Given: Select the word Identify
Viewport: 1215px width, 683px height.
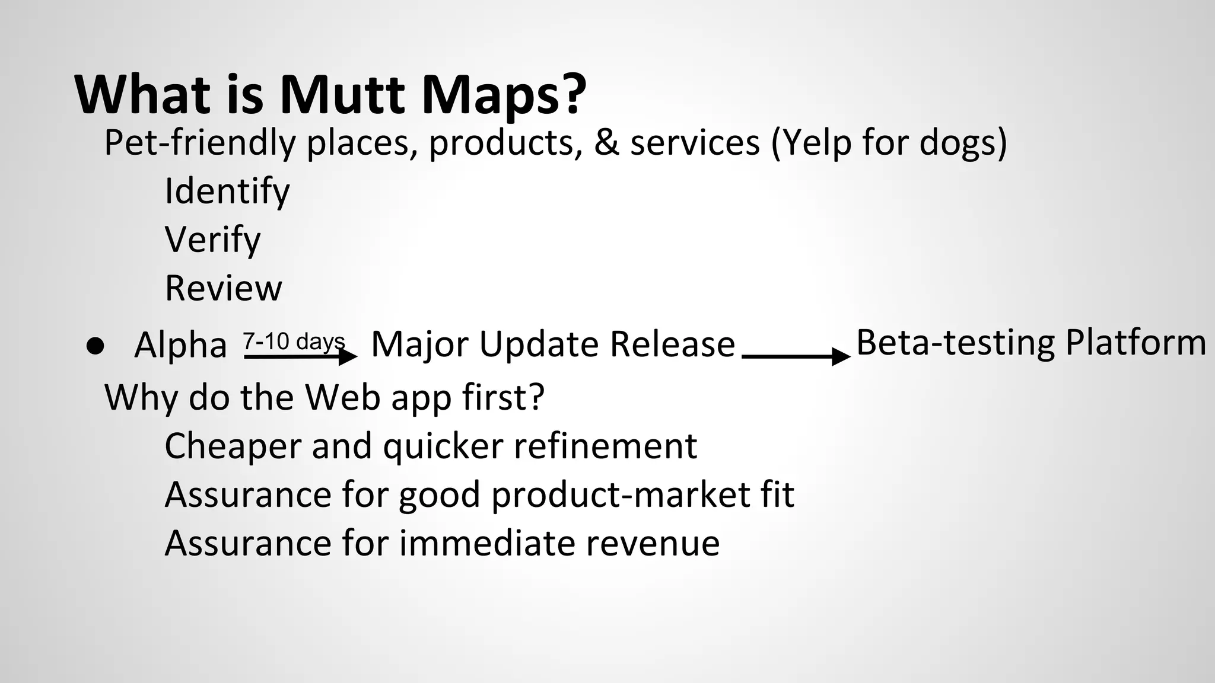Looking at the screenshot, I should click(227, 192).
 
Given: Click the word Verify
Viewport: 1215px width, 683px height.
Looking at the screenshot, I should click(212, 240).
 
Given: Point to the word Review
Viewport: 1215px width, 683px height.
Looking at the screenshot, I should click(223, 289).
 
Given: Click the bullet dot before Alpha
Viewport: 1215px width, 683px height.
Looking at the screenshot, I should click(95, 346).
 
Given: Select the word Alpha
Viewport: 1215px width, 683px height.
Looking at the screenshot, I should click(180, 345).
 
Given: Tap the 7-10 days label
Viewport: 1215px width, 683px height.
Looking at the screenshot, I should click(294, 341).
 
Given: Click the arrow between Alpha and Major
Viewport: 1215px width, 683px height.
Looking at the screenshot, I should click(300, 357).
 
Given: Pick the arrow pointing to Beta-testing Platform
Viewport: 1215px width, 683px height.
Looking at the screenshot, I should click(796, 357).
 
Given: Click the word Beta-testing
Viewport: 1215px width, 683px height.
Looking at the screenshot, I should click(956, 343).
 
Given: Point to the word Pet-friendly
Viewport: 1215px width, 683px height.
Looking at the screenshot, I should click(199, 143).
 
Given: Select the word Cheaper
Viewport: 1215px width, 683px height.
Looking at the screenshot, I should click(233, 446).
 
